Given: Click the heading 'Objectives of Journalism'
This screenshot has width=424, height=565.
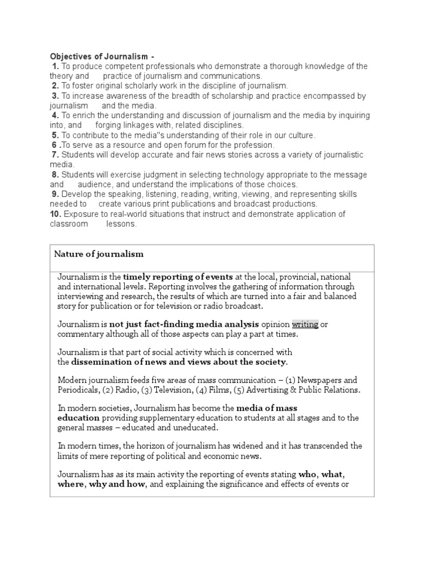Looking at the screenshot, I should click(x=99, y=56).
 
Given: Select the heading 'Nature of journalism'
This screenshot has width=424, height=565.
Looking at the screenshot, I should click(x=99, y=254).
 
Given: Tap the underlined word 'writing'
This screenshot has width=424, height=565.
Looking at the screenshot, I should click(x=305, y=324).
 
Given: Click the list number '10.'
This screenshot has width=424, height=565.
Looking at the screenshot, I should click(x=56, y=214).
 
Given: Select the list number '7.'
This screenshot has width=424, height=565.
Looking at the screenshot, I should click(x=55, y=155).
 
